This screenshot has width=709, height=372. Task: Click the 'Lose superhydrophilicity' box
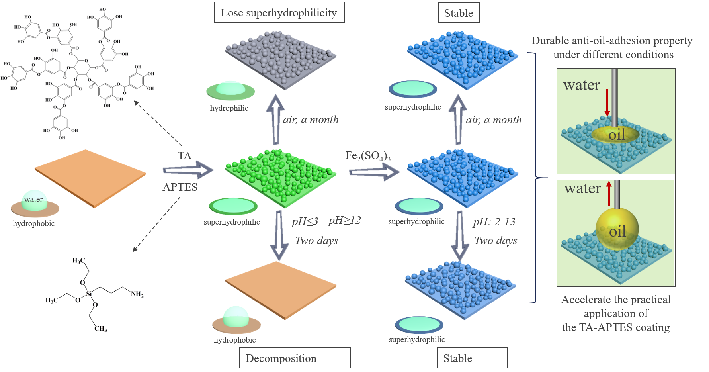[279, 13]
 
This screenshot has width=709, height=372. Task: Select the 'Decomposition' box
[295, 358]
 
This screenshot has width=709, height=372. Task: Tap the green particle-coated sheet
[280, 175]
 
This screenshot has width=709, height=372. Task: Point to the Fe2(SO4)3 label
[368, 156]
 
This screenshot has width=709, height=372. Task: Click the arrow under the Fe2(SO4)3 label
[374, 172]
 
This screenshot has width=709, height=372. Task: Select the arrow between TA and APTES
[188, 170]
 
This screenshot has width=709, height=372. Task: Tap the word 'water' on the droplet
[33, 199]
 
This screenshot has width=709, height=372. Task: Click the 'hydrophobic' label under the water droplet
[34, 223]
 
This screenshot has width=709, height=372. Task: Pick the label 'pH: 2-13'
[494, 222]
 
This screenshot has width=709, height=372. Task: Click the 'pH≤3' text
[305, 221]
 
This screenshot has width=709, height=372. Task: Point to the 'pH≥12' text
[344, 220]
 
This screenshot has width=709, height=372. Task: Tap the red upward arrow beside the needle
[609, 193]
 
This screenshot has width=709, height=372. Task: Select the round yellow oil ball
[617, 229]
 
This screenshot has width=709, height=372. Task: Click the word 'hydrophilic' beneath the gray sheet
[229, 108]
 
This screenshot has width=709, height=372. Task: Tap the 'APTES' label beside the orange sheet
[180, 187]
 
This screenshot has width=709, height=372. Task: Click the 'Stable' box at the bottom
[472, 358]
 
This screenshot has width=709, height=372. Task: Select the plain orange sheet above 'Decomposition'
[281, 290]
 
